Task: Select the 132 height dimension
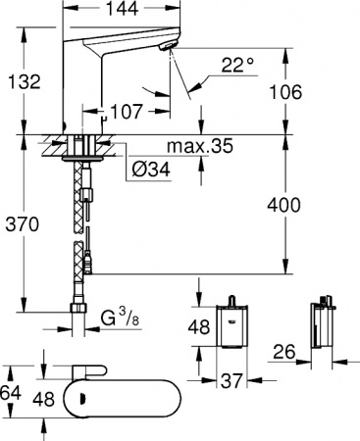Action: pos(20,80)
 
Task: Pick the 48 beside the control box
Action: pos(200,328)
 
